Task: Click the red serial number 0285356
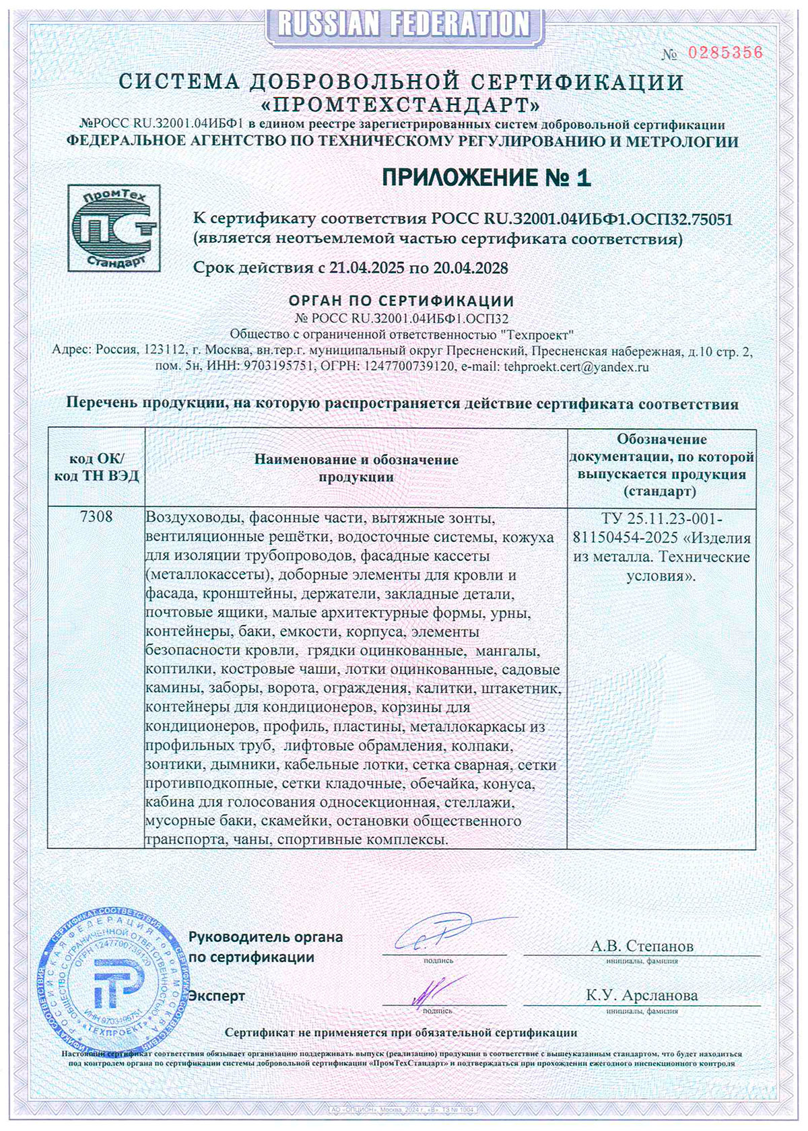(x=725, y=53)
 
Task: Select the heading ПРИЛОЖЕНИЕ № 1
(x=485, y=178)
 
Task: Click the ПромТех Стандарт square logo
(x=114, y=228)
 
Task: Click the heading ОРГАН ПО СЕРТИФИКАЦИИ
(x=401, y=301)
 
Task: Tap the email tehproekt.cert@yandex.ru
(x=576, y=367)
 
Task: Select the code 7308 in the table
(x=96, y=517)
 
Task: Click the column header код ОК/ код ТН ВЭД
(x=96, y=467)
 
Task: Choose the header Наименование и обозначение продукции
(x=356, y=468)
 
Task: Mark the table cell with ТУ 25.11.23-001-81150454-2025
(x=661, y=547)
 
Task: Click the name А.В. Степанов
(x=642, y=946)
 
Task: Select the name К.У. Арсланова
(x=642, y=995)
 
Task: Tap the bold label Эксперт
(x=217, y=996)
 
